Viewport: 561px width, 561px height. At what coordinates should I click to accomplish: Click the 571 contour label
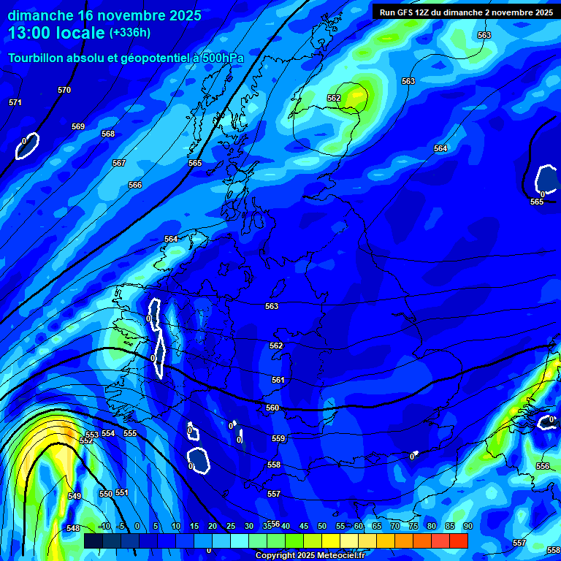pos(15,103)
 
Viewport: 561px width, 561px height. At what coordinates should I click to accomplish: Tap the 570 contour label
pos(64,90)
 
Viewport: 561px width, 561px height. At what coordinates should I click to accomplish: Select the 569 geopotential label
pos(78,126)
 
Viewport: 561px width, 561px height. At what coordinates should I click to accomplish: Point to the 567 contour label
pos(119,163)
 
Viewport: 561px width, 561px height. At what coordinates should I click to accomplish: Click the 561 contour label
pos(278,380)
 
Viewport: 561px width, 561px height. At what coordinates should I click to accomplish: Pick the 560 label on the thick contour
pos(272,408)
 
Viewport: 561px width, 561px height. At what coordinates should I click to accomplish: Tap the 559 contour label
pos(278,438)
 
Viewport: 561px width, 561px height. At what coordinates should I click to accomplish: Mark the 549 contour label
pos(75,497)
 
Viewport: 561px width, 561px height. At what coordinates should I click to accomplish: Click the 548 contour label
pos(73,528)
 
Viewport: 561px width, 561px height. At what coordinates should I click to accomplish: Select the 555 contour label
pos(130,433)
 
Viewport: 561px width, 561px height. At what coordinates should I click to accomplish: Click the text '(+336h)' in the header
pos(129,32)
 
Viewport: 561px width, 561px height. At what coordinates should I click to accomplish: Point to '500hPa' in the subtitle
pos(218,58)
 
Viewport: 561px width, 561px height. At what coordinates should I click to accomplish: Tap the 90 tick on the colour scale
pos(467,526)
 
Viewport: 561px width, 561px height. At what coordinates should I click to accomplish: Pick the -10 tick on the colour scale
pos(104,526)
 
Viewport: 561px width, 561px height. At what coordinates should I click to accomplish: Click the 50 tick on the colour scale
pos(321,526)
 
